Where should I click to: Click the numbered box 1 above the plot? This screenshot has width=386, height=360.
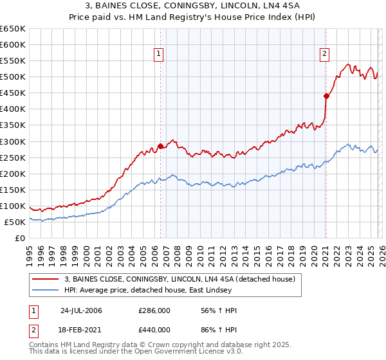tap(158, 54)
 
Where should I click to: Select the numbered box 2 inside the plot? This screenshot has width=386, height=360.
tap(325, 54)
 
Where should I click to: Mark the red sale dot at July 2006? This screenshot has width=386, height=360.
tap(160, 146)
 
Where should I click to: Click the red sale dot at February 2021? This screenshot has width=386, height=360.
tap(326, 96)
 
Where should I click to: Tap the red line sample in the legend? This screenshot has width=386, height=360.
tap(46, 279)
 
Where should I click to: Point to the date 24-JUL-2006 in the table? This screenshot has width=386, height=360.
tap(81, 310)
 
